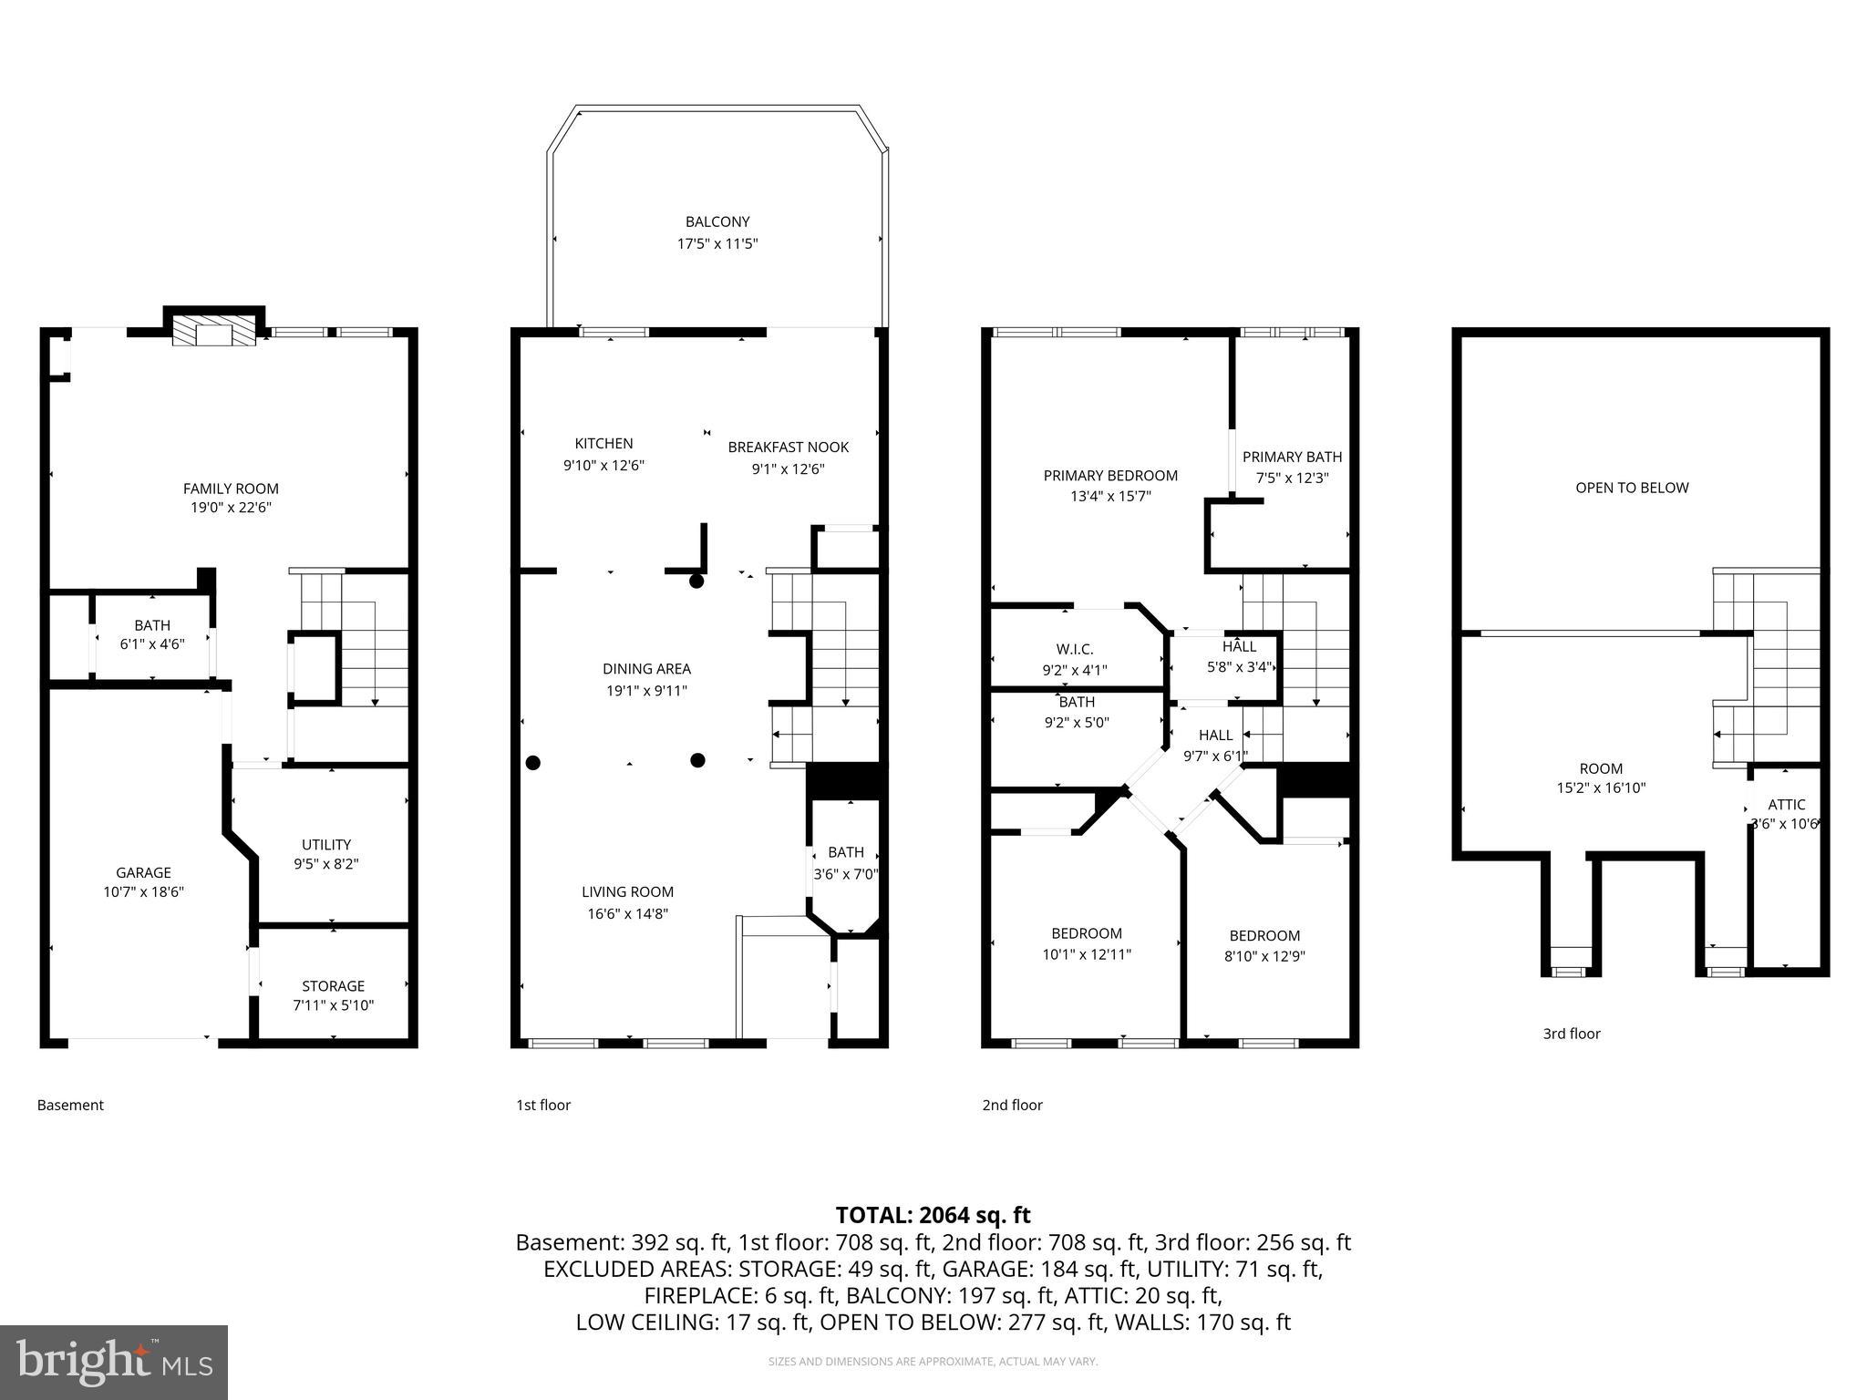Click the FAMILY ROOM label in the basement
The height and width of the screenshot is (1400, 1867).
point(231,489)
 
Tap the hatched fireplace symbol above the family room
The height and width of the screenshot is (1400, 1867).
point(214,334)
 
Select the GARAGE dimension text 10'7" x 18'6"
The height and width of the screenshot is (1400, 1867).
point(143,892)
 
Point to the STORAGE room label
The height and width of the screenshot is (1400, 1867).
point(333,986)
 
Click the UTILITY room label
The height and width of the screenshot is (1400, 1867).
point(326,845)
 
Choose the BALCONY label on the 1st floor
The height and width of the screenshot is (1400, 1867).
point(717,221)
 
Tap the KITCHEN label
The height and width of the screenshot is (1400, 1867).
point(603,444)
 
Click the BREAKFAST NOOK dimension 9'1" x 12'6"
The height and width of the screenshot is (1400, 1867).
point(788,469)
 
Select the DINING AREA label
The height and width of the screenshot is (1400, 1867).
point(646,669)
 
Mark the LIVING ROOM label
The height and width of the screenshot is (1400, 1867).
point(628,892)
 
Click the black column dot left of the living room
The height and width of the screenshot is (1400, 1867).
point(533,763)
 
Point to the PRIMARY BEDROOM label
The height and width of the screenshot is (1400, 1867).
point(1110,476)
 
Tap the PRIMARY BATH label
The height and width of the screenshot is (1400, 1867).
point(1292,458)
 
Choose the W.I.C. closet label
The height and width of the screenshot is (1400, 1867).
point(1075,650)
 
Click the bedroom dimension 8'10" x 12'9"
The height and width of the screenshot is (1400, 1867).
point(1264,957)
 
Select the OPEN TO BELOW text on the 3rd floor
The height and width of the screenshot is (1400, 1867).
point(1632,489)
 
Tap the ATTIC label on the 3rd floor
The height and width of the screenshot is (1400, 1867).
point(1786,805)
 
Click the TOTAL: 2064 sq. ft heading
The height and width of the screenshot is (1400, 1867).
point(933,1215)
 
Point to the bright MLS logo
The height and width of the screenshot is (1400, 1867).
point(113,1363)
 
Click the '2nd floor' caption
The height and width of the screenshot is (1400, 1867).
point(1012,1106)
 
